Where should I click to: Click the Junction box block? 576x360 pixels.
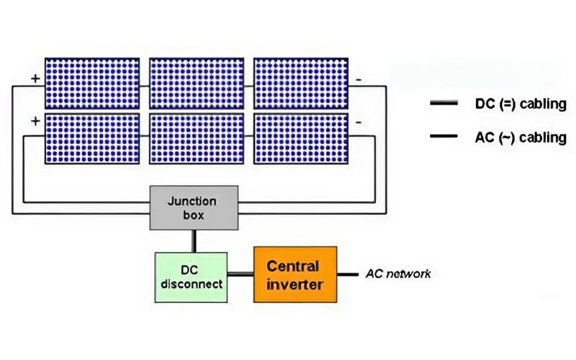pos(194,207)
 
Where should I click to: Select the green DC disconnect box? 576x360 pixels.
pos(192,276)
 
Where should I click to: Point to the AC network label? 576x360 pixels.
pos(398,274)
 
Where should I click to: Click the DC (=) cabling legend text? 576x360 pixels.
pos(521,104)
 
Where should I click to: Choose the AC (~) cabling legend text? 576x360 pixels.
pos(521,137)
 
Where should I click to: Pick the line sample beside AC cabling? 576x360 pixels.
pos(443,136)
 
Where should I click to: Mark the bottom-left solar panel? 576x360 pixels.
pos(92,138)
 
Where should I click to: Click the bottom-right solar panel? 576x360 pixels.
pos(301,138)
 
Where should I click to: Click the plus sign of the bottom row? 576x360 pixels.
pos(34,121)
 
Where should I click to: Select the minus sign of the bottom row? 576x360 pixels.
pos(359,122)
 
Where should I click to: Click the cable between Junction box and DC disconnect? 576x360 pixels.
pos(194,240)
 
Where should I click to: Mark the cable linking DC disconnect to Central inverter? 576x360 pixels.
pos(240,274)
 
